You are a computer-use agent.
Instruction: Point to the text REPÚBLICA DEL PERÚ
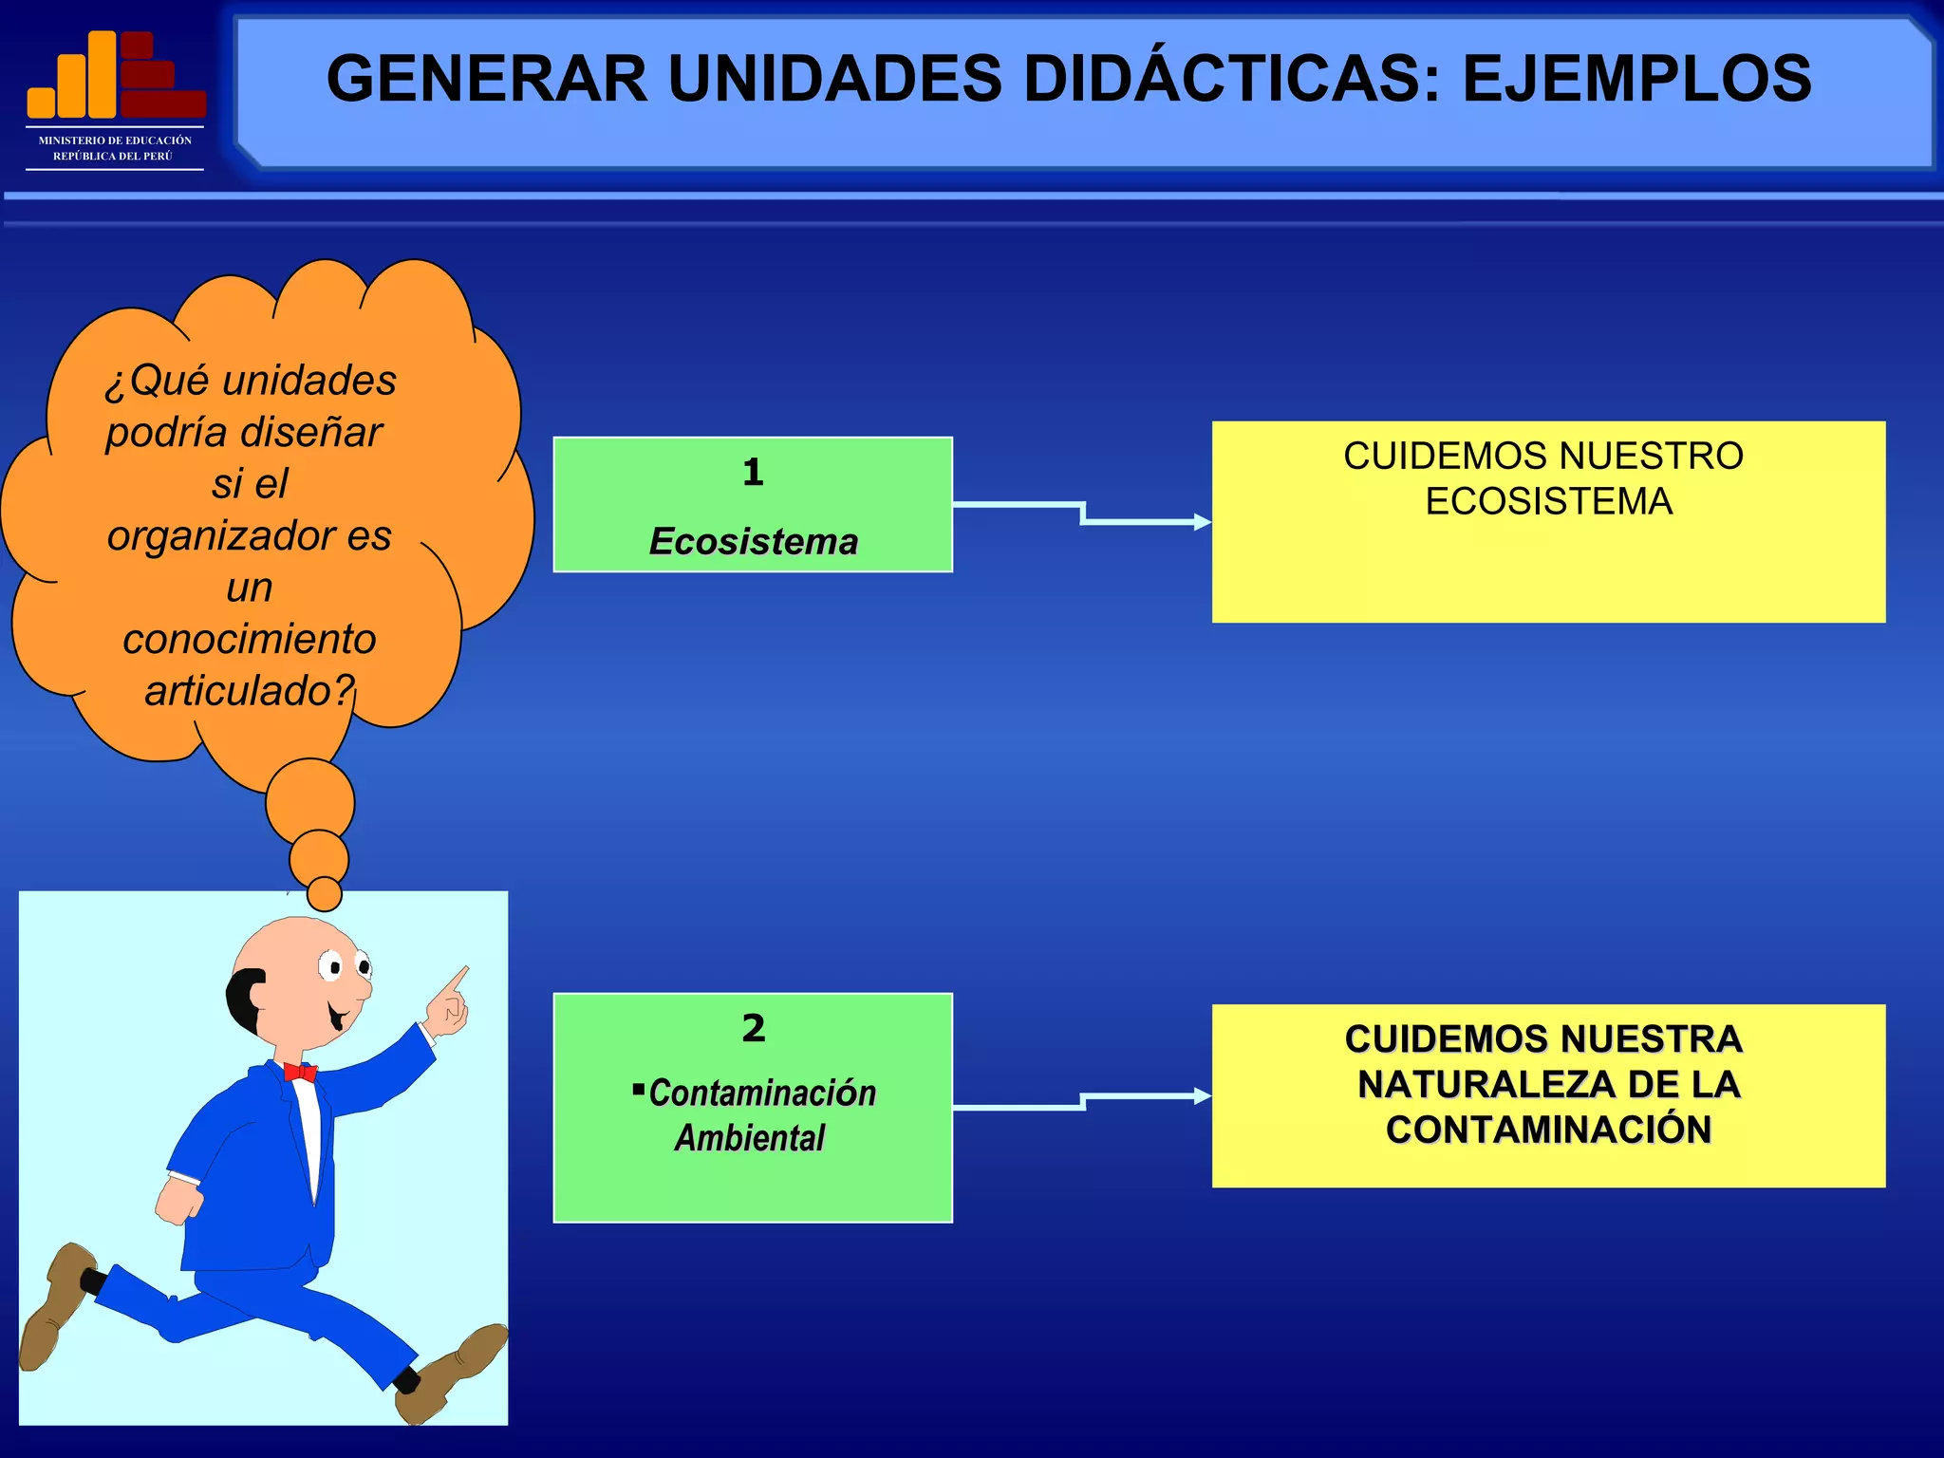click(113, 157)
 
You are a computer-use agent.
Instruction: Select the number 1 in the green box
click(753, 472)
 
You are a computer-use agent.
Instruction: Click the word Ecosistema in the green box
click(754, 541)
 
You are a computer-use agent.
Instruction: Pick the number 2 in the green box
click(753, 1028)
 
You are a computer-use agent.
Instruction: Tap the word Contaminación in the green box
click(762, 1093)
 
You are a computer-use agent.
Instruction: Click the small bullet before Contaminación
click(638, 1088)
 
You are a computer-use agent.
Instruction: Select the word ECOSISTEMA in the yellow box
click(1548, 501)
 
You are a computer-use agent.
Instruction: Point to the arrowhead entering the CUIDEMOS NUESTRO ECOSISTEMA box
click(1204, 522)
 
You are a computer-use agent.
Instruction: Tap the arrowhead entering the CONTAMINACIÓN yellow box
click(1204, 1096)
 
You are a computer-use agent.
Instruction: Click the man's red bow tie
click(300, 1073)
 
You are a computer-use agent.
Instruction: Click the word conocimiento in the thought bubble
click(250, 639)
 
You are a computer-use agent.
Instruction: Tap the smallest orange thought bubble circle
click(325, 893)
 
